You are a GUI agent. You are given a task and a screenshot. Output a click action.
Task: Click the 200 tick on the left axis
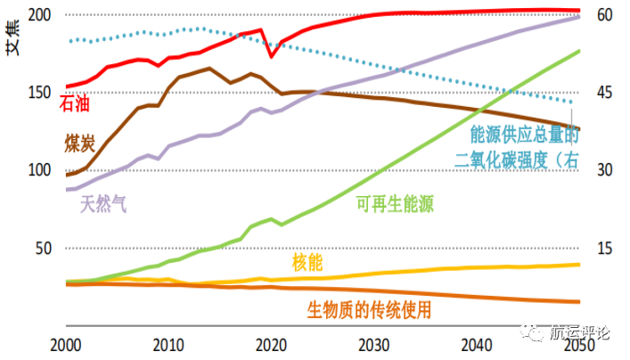click(41, 15)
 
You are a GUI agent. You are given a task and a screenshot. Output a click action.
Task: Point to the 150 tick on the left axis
click(41, 92)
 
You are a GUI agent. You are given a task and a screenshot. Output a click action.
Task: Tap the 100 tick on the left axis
click(41, 169)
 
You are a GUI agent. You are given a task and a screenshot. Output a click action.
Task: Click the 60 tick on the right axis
click(605, 15)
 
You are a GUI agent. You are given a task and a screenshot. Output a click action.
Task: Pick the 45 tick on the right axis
click(605, 92)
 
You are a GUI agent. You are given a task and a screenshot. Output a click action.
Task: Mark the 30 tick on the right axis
click(605, 169)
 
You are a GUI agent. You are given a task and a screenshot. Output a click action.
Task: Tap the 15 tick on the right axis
click(605, 247)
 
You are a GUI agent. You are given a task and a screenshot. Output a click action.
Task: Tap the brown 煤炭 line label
click(81, 143)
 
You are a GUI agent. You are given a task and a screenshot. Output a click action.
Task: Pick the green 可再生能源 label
click(395, 204)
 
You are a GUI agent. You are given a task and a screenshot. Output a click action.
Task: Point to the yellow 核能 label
click(307, 262)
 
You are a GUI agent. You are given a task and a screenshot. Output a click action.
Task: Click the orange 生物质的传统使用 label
click(370, 310)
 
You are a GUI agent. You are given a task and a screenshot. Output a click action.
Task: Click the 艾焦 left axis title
click(14, 38)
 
